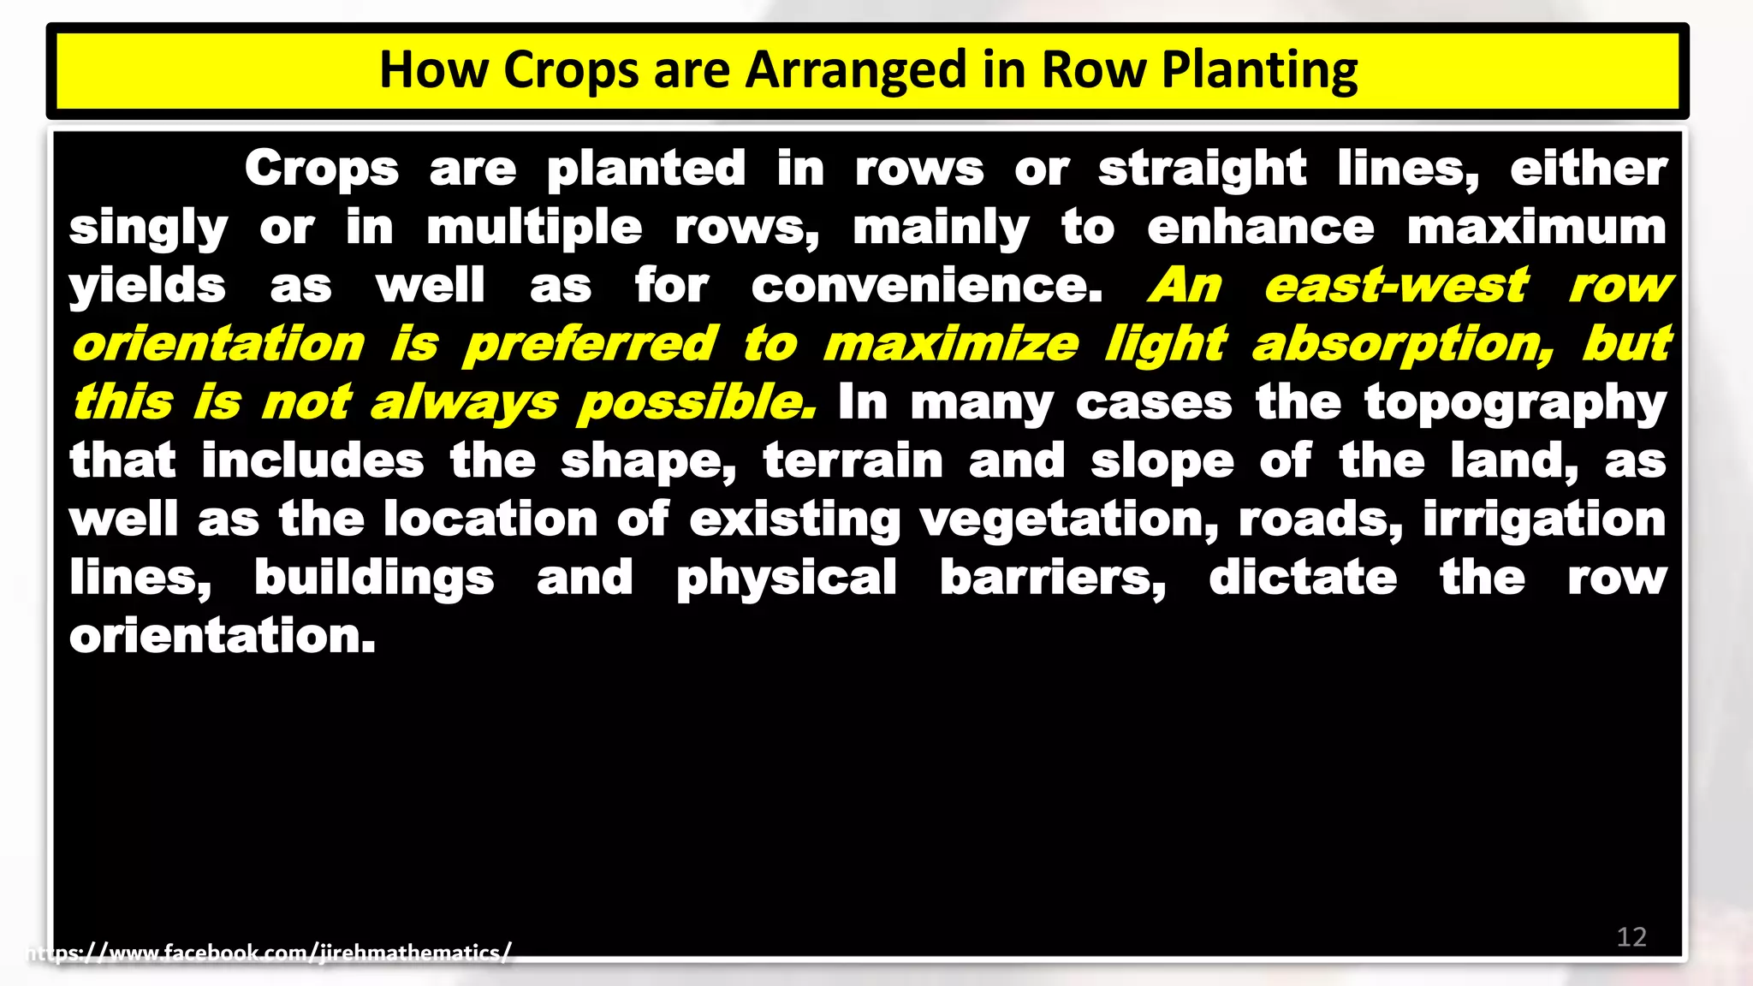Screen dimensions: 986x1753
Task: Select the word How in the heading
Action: click(x=433, y=70)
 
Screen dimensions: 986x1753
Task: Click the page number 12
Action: click(x=1631, y=937)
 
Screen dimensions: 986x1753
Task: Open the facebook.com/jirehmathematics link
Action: click(x=270, y=953)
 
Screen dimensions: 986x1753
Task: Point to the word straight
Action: click(x=1202, y=169)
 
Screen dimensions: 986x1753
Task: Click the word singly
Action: click(x=148, y=229)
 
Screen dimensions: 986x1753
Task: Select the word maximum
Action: click(x=1536, y=228)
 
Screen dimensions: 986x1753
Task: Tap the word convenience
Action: click(x=927, y=286)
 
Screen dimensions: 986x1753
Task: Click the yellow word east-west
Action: click(x=1396, y=286)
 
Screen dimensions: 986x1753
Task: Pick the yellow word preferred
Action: click(x=590, y=345)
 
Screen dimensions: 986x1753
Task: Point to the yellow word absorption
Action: click(x=1403, y=345)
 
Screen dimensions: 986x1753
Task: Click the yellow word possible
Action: click(x=697, y=403)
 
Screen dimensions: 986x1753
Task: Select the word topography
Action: click(x=1515, y=403)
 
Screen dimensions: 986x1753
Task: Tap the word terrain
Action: click(x=853, y=461)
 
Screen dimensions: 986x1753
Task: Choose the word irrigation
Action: click(x=1544, y=520)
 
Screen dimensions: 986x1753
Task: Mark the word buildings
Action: click(x=374, y=579)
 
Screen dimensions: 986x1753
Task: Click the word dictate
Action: click(x=1303, y=578)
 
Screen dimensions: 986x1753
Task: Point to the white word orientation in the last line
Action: click(x=223, y=636)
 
